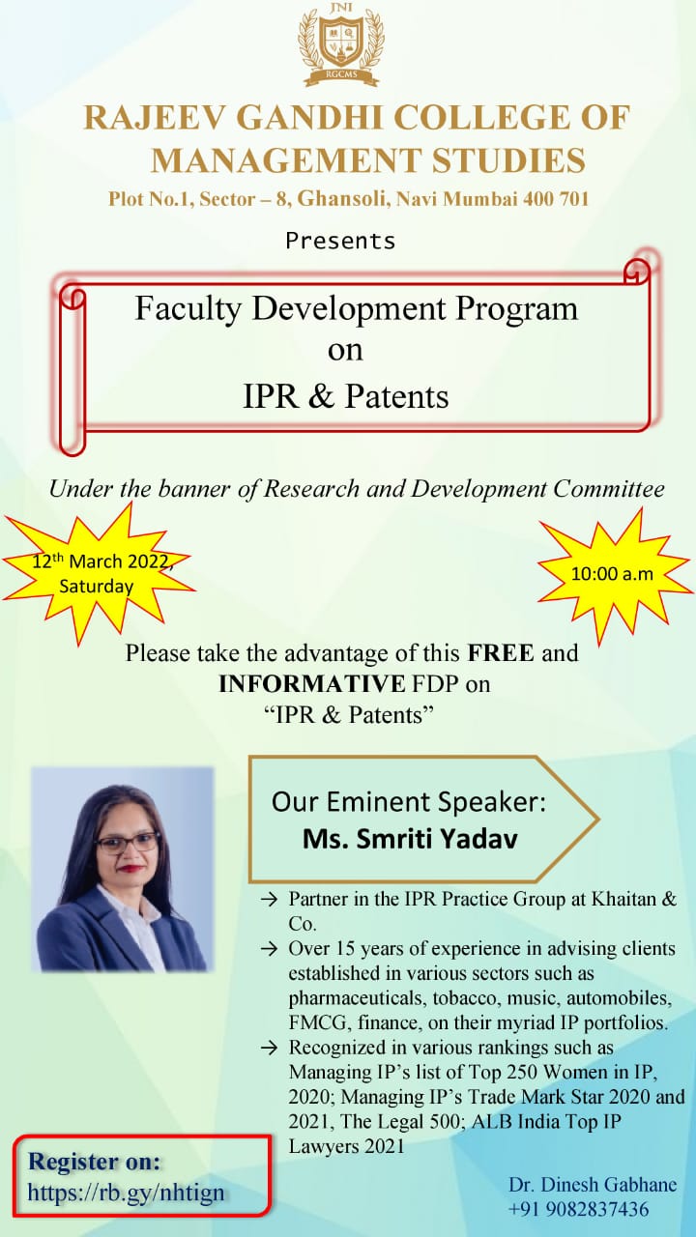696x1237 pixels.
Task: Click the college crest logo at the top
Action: coord(341,44)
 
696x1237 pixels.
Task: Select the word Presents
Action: coord(340,242)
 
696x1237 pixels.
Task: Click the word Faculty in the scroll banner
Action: coord(188,309)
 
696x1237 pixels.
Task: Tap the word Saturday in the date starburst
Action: coord(97,586)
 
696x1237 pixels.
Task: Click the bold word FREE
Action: coord(501,652)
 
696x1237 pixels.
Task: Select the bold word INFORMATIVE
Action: coord(312,684)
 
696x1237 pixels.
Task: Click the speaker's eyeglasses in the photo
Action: coord(129,843)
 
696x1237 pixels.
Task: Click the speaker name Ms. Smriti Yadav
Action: coord(411,839)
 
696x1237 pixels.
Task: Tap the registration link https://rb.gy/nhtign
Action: coord(126,1193)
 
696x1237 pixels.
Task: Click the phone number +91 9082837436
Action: coord(578,1209)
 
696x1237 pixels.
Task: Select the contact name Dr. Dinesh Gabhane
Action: coord(593,1185)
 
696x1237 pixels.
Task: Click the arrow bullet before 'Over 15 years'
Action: coord(269,949)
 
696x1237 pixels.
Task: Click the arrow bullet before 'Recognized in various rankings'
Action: coord(269,1049)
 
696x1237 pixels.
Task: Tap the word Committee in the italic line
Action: coord(609,489)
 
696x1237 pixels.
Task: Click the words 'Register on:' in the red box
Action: coord(95,1162)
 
